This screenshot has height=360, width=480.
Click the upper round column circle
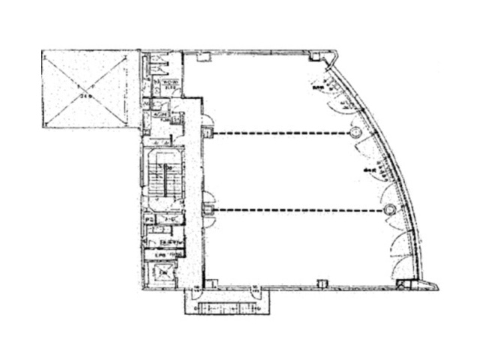[355, 133]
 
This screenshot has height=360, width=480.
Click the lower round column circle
[388, 209]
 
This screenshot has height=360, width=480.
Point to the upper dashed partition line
[281, 133]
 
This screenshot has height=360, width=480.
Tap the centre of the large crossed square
[89, 89]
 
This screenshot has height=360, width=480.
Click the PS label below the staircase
[151, 219]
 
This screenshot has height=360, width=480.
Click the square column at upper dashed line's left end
[208, 133]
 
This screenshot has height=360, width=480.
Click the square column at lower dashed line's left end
[208, 210]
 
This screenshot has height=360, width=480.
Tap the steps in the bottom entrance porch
[226, 307]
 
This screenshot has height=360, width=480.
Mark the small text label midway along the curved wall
[369, 170]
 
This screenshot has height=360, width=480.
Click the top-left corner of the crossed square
[43, 51]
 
